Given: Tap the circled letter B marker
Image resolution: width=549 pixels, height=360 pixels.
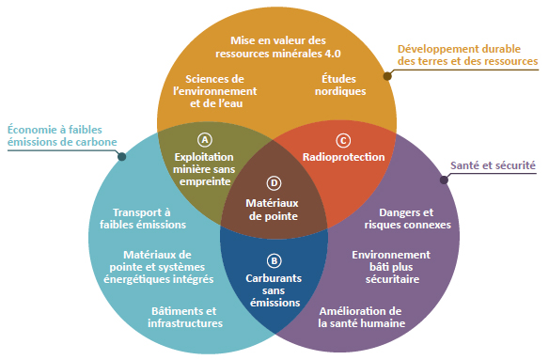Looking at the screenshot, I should coord(274,260).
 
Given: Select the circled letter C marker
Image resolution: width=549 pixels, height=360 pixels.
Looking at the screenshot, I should coord(342,139).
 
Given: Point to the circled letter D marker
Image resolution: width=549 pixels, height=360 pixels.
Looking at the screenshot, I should coord(274,182).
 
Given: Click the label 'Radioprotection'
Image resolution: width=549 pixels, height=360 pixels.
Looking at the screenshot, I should coord(343,157).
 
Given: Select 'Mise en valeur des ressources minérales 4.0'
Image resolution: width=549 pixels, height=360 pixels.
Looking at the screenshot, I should coord(277,48).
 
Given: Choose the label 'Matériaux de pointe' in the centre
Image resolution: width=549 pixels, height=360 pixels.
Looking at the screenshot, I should coord(273,209).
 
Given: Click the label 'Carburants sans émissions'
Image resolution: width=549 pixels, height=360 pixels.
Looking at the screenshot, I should coord(274,290).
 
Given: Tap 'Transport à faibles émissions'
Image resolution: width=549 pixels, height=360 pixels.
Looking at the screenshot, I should coord(142,218).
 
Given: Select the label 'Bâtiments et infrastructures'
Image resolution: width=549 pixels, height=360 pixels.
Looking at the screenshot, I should coord(186,317).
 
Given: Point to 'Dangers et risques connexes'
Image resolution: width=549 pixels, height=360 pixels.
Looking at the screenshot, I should coord(407,218).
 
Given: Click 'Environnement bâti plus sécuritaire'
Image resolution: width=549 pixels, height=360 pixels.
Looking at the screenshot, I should coord(391,267).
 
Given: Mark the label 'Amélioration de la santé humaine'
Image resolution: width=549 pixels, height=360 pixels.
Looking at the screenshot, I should coord(361,317).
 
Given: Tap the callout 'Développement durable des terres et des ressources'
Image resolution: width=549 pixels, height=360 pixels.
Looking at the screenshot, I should coord(467,55).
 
